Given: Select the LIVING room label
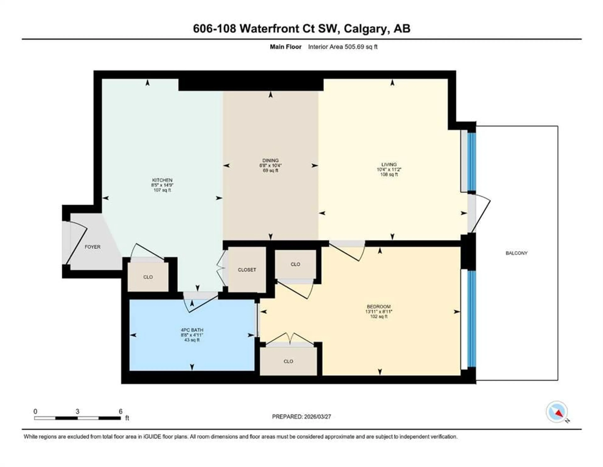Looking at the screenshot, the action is tap(389, 164).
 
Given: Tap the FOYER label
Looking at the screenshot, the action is tap(92, 247).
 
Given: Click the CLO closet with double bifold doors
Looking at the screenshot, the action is tap(288, 361).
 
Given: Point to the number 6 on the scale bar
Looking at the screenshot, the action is tap(120, 411).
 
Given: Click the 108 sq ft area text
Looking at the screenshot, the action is tap(389, 175).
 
